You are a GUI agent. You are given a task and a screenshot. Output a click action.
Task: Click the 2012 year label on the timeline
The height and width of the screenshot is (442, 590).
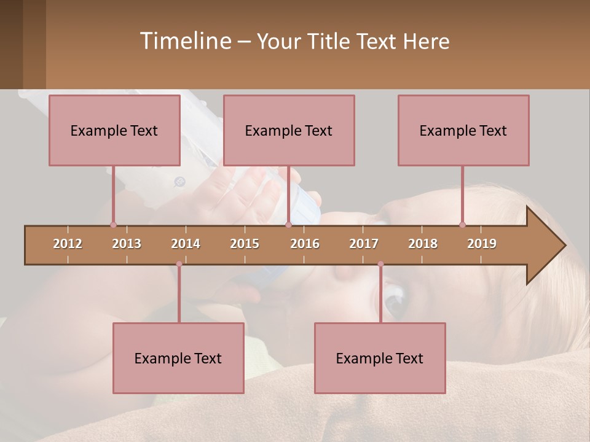68,244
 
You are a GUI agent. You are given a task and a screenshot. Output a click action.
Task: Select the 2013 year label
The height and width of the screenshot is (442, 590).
127,244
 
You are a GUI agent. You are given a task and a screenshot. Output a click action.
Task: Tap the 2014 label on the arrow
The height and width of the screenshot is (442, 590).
186,244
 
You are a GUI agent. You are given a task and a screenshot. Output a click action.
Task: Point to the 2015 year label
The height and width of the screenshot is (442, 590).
245,244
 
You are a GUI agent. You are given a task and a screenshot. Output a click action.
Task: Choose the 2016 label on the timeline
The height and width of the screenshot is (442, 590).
305,244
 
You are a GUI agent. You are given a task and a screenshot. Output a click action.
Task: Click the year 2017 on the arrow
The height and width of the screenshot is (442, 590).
364,244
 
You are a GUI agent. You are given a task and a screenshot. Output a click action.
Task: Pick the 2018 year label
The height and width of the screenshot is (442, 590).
423,244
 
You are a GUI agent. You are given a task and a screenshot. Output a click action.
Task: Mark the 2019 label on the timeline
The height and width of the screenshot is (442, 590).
482,244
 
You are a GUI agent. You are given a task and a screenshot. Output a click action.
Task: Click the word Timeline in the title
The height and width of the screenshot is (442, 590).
184,41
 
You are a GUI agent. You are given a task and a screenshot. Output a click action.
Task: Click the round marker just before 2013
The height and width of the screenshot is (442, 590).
113,225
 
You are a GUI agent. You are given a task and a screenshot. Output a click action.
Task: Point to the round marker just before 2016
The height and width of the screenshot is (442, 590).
288,225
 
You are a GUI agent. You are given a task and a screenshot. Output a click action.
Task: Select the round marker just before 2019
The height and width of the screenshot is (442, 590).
462,225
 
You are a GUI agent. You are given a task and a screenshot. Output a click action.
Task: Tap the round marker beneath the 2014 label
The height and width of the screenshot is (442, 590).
179,264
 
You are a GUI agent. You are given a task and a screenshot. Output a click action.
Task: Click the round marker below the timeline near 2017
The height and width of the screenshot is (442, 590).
380,264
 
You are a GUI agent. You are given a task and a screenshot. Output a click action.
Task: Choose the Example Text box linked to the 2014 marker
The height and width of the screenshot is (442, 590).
178,358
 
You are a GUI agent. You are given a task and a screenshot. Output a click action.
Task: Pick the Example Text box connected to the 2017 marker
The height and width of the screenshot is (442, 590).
380,358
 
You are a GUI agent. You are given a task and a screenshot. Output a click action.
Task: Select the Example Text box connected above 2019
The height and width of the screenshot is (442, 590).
463,130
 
